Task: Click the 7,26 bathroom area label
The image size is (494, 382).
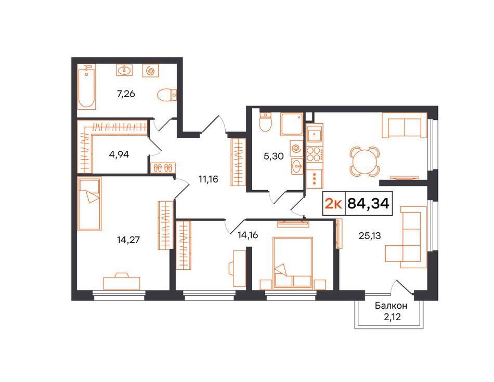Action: [126, 94]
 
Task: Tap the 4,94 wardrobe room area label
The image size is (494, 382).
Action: [119, 155]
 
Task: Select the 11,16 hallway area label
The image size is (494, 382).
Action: [208, 179]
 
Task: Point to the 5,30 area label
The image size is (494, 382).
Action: [274, 156]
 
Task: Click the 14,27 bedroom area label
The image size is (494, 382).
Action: [128, 240]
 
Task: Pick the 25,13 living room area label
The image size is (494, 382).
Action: [370, 235]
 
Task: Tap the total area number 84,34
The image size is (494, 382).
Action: [369, 204]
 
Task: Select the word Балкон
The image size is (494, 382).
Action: [391, 306]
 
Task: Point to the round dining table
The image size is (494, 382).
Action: [365, 161]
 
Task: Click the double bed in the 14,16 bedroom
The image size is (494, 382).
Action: [293, 262]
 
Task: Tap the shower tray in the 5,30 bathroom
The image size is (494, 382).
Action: [292, 124]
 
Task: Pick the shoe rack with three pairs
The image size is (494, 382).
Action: [163, 167]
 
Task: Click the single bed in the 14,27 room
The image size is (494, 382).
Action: [90, 203]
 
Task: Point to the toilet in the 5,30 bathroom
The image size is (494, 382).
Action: [265, 123]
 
